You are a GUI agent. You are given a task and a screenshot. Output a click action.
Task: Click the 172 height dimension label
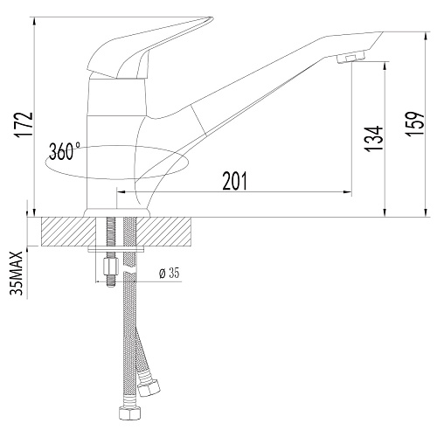pyautogui.click(x=24, y=124)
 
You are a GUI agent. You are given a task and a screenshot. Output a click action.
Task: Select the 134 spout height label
pyautogui.click(x=374, y=138)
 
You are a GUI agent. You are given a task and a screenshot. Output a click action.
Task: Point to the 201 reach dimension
pyautogui.click(x=234, y=181)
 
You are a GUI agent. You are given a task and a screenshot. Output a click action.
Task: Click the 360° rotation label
pyautogui.click(x=65, y=151)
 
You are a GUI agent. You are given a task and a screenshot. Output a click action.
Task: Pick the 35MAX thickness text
pyautogui.click(x=17, y=274)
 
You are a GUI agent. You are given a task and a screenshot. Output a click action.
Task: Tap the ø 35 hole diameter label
pyautogui.click(x=170, y=273)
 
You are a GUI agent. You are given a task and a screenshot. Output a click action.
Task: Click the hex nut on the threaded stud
pyautogui.click(x=111, y=266)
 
